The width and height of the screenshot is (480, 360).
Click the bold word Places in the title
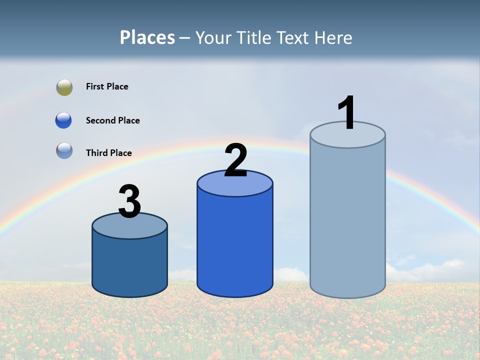[x=147, y=38]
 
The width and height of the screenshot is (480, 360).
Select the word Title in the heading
[x=253, y=38]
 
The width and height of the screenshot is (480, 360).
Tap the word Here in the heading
[x=334, y=38]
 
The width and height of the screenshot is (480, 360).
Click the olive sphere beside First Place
[x=64, y=87]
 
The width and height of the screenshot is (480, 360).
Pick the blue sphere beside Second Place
[x=64, y=120]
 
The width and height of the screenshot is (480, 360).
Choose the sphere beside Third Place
[x=64, y=151]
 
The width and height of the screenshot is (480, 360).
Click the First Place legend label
[x=107, y=86]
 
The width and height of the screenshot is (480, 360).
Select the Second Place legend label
[x=112, y=120]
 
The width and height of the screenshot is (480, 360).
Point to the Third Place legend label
[x=108, y=153]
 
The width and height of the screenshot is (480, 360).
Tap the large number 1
[x=346, y=113]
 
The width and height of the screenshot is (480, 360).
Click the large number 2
[x=235, y=160]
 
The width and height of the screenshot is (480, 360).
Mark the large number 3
[x=129, y=201]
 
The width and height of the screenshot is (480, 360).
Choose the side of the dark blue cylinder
[x=129, y=265]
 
